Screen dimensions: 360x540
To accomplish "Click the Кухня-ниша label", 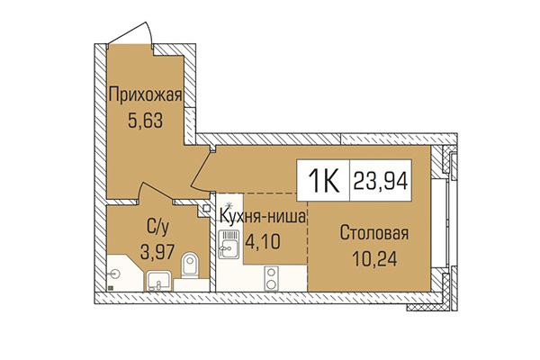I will [263, 217].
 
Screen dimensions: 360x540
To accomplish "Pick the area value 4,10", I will [263, 241].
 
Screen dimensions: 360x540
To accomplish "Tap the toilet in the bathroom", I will [189, 266].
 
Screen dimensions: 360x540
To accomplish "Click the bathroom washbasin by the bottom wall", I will [158, 281].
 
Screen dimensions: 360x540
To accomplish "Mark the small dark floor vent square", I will [110, 289].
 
